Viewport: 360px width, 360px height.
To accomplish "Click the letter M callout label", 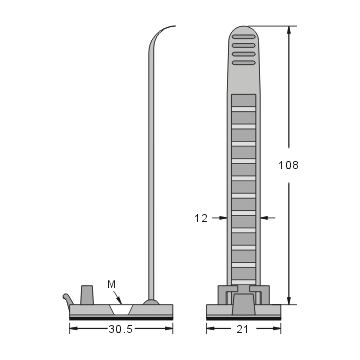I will click(x=111, y=283).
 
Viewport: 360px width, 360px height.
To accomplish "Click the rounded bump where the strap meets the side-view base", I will click(x=151, y=300).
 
